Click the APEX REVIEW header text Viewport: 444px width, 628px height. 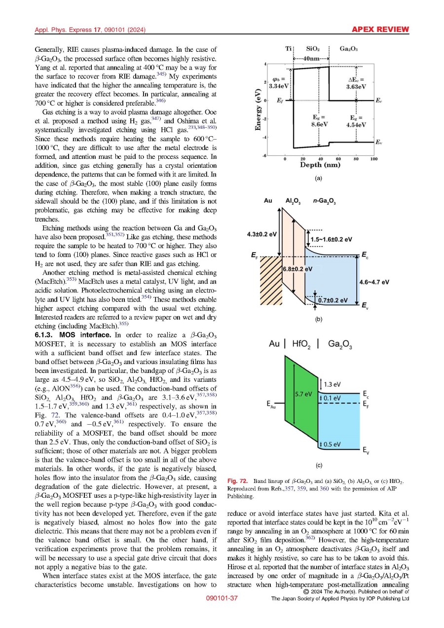pos(380,30)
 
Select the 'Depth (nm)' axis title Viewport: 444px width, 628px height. pos(320,165)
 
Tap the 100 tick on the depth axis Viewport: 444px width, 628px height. pos(374,158)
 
